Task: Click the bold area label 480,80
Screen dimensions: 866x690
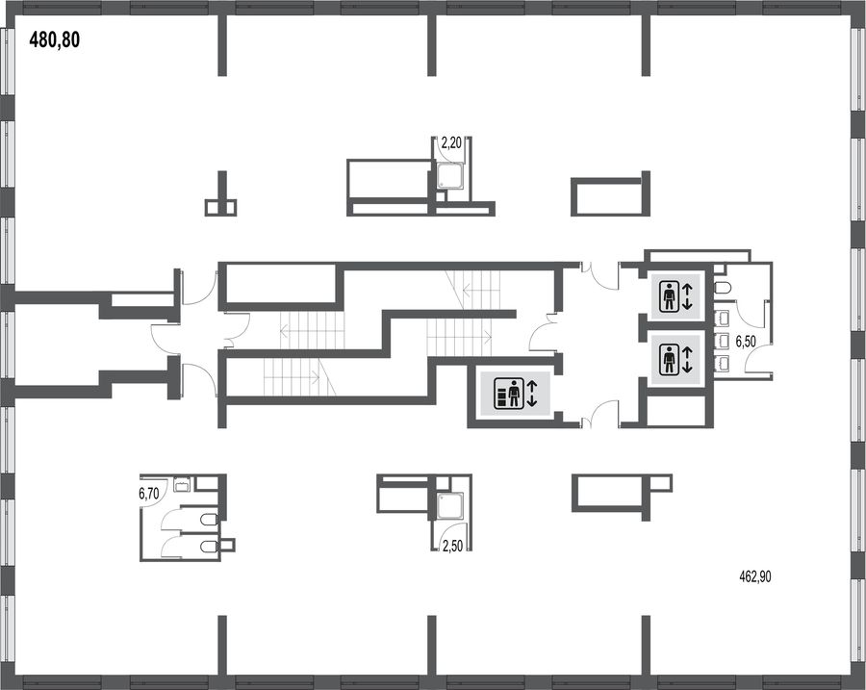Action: [x=54, y=39]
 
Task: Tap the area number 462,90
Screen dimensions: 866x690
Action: [x=755, y=577]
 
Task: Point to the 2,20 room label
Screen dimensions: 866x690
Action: [x=450, y=144]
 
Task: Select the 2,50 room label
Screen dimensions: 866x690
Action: [x=452, y=547]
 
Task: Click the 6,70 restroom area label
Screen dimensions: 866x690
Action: [x=148, y=494]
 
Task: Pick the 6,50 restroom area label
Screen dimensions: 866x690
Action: [x=745, y=342]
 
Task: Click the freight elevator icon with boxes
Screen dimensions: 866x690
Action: [x=507, y=393]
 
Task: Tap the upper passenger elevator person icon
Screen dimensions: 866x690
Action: [x=670, y=296]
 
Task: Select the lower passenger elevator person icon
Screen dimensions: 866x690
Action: [x=670, y=359]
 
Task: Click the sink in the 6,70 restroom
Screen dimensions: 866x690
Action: [x=182, y=484]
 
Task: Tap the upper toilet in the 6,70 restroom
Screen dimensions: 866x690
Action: [x=208, y=520]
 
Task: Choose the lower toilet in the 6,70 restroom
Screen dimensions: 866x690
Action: [x=208, y=547]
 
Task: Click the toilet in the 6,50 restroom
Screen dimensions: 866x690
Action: [x=723, y=288]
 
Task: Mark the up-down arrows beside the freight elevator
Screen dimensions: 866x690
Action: [x=532, y=394]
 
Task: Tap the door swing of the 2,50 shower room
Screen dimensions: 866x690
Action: [x=446, y=534]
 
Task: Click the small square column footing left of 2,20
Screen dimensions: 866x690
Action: [x=221, y=207]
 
